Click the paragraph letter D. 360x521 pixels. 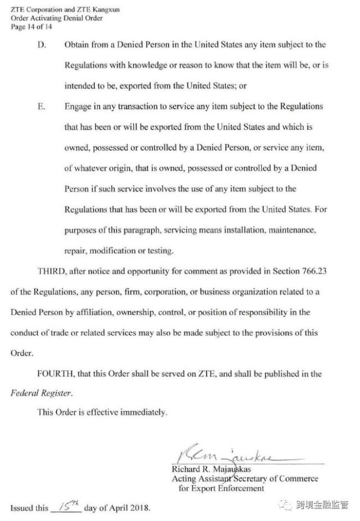point(41,45)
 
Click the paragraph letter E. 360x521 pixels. point(41,106)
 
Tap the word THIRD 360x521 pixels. point(51,271)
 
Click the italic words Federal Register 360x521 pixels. point(41,394)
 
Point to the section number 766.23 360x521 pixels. point(314,271)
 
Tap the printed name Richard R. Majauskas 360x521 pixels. point(211,469)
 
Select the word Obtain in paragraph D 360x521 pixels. point(78,45)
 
